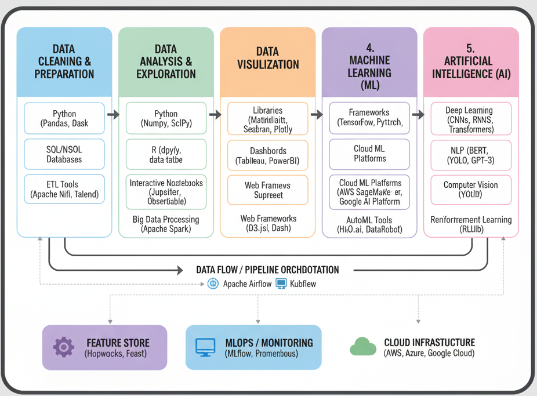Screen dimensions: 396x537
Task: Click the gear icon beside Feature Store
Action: point(63,347)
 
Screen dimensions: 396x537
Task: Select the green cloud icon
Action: point(363,347)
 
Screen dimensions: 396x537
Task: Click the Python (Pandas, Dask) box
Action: point(64,118)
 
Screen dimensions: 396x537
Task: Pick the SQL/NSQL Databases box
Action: point(64,154)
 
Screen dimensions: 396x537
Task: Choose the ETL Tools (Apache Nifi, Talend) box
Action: point(64,190)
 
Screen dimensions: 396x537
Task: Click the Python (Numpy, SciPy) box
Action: point(166,118)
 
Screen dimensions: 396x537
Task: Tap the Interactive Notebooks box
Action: point(166,192)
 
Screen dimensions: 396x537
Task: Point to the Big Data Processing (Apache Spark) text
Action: point(166,224)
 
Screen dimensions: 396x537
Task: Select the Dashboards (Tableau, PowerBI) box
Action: point(267,156)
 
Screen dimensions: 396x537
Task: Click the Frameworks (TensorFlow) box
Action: point(369,118)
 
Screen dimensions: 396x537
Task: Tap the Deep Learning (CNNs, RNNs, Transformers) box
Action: point(471,118)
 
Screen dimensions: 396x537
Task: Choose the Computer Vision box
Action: point(471,190)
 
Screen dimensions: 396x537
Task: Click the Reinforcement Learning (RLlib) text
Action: point(471,224)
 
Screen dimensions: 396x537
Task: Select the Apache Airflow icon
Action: point(213,284)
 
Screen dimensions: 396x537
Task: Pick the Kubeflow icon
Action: point(281,284)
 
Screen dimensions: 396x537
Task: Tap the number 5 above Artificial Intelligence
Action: point(470,48)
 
